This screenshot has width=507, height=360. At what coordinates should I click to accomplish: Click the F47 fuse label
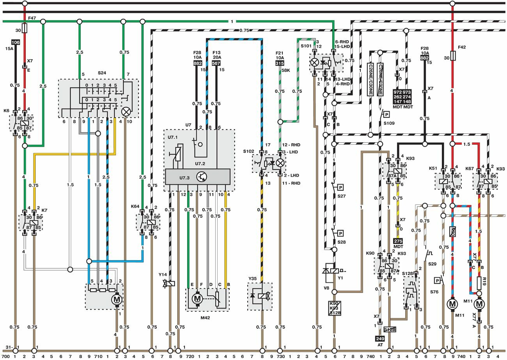pos(32,18)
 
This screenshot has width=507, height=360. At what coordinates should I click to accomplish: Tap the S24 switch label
pos(102,73)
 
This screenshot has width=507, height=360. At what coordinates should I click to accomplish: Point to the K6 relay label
pos(7,110)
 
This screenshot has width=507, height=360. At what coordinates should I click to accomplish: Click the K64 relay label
pos(135,206)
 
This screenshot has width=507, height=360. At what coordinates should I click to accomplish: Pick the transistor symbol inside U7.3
pos(202,177)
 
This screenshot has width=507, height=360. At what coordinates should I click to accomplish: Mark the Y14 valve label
pos(162,275)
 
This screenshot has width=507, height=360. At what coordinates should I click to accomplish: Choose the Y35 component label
pos(253,278)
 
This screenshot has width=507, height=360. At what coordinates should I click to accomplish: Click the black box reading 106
pos(16,42)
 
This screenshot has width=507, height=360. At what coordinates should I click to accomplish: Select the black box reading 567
pos(216,64)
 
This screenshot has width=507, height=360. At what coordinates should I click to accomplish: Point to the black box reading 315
pos(280,64)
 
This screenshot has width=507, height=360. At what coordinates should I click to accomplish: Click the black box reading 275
pos(398,241)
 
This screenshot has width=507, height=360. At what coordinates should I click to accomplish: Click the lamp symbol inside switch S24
pos(126,112)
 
